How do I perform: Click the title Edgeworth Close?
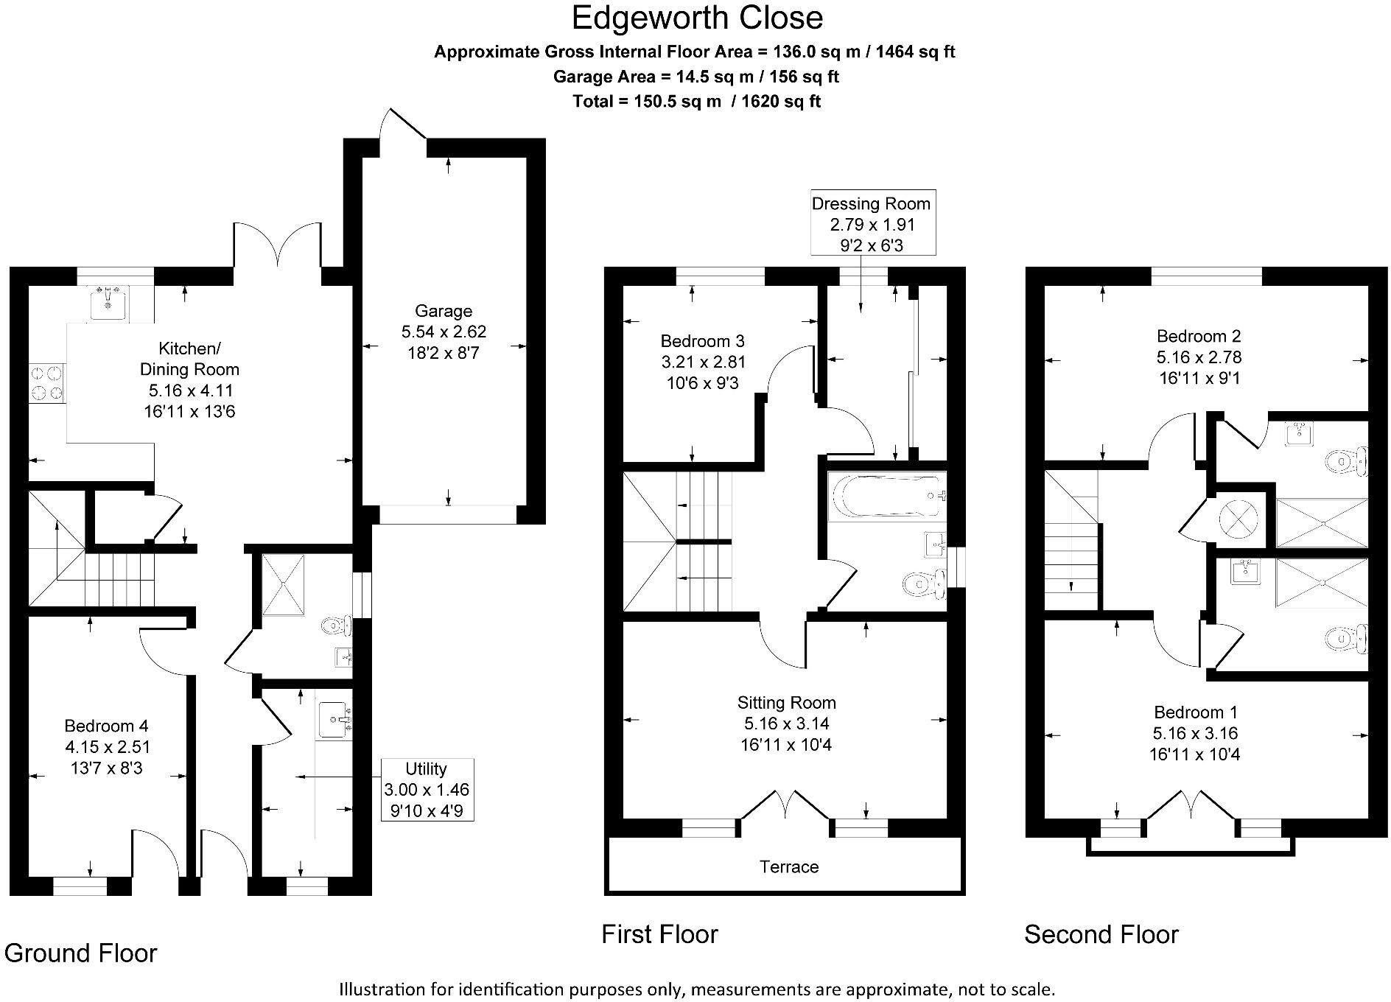(696, 18)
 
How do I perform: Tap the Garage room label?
(444, 311)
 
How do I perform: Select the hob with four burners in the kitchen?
(47, 383)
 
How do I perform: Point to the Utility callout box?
(427, 790)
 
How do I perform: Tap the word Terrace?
(789, 866)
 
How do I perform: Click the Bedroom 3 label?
(702, 341)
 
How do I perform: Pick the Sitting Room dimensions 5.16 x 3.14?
(787, 724)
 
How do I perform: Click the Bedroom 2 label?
(1199, 337)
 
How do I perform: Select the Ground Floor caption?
(81, 953)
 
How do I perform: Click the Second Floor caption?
(1101, 934)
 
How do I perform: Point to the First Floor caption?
(659, 934)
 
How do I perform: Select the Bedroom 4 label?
(106, 726)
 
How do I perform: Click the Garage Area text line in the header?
(695, 77)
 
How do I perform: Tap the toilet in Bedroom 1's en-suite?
(1347, 638)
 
